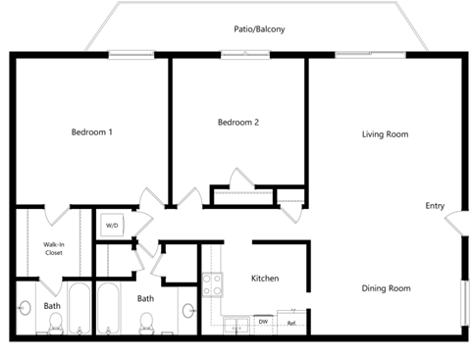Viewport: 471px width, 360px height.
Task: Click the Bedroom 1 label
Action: coord(91,132)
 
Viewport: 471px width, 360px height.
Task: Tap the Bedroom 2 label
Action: coord(238,123)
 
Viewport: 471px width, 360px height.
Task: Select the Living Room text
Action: coord(385,133)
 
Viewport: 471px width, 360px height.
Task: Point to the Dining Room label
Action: coord(387,288)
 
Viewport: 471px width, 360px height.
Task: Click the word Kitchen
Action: coord(265,279)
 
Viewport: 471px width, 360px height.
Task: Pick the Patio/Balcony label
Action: coord(259,29)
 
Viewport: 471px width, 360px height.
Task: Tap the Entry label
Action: coord(435,206)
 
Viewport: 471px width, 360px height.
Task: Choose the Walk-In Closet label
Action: coord(54,248)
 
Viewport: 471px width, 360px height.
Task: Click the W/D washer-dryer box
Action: coord(110,225)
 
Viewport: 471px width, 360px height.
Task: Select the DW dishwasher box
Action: coord(263,321)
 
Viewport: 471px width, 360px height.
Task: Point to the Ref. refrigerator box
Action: coord(292,321)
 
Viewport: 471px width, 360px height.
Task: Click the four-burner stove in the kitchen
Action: coord(212,284)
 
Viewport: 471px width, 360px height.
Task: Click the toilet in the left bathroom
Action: coord(55,325)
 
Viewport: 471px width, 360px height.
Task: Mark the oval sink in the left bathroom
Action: coord(25,308)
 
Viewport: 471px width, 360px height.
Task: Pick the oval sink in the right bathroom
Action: coord(188,310)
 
